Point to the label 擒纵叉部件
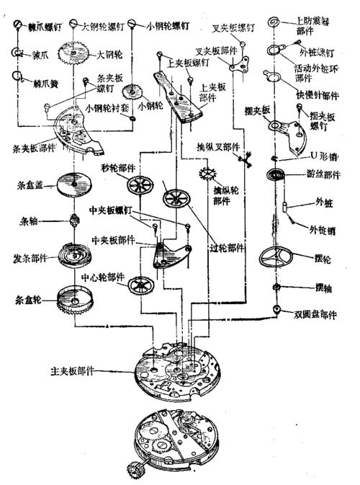coord(219,146)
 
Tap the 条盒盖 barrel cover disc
coord(74,184)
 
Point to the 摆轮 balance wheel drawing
coord(277,259)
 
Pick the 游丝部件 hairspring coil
coord(277,175)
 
